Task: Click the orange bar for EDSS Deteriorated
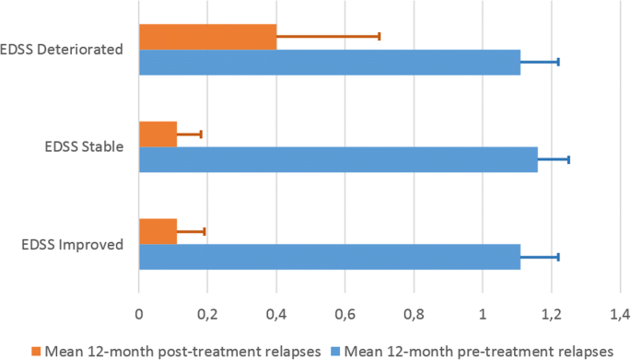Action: (x=207, y=37)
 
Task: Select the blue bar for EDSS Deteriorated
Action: (x=329, y=62)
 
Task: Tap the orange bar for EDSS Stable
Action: (x=158, y=134)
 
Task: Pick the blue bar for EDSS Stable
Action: (x=337, y=159)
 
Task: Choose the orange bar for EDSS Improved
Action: (x=158, y=232)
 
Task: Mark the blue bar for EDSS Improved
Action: (x=329, y=256)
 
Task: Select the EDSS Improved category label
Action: (x=72, y=244)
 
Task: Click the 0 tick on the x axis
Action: (x=138, y=311)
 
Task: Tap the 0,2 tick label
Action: (x=207, y=311)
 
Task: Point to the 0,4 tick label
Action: (x=276, y=311)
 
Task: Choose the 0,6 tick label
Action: (x=345, y=311)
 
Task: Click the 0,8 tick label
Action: (x=414, y=311)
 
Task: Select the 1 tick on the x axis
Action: (x=483, y=311)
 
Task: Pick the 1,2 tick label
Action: (x=551, y=311)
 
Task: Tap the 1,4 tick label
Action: (x=619, y=311)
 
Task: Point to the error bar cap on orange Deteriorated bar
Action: (x=379, y=37)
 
